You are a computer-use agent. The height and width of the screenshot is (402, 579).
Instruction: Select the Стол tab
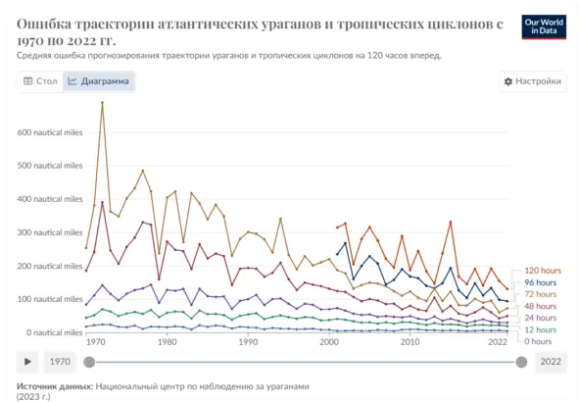40,81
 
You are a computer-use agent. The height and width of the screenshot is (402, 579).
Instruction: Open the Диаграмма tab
97,81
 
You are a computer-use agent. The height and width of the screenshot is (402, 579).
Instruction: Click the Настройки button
532,81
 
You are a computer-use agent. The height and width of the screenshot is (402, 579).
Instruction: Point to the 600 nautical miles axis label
50,132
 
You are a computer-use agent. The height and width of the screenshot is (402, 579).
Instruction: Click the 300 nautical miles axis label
50,232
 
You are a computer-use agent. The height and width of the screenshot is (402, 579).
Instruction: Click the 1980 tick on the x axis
167,342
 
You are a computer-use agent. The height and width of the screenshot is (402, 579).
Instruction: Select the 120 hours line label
542,271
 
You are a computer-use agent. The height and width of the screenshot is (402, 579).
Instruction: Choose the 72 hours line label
540,294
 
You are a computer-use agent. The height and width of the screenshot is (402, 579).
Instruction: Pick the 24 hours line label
540,318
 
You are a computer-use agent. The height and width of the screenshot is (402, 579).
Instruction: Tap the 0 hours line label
538,341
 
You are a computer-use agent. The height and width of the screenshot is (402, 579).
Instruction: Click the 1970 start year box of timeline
61,362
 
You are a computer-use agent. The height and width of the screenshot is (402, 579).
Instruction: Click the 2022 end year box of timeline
551,362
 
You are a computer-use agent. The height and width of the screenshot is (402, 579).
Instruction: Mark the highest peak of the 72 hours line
103,102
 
